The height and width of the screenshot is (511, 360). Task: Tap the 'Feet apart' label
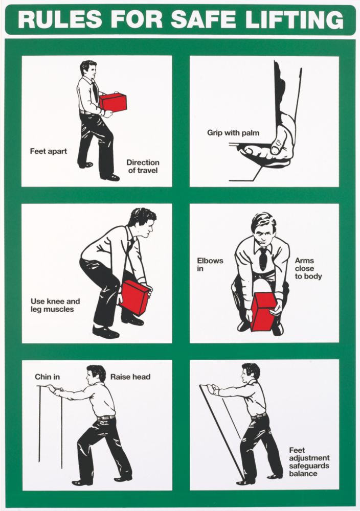pos(48,151)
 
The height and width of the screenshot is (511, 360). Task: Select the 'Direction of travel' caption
pos(142,167)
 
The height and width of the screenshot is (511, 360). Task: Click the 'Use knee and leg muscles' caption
pos(55,306)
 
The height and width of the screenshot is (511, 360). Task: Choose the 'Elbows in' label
pos(210,264)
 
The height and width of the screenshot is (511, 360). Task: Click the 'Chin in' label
pos(47,377)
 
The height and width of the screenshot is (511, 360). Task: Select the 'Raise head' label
pos(130,377)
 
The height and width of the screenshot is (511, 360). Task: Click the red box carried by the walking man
pos(112,102)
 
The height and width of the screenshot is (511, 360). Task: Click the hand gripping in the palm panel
pos(271,146)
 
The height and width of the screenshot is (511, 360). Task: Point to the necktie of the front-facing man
pos(263,259)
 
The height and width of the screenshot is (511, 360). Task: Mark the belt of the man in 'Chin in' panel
pos(106,417)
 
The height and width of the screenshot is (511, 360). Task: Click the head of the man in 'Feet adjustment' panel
pos(251,372)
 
